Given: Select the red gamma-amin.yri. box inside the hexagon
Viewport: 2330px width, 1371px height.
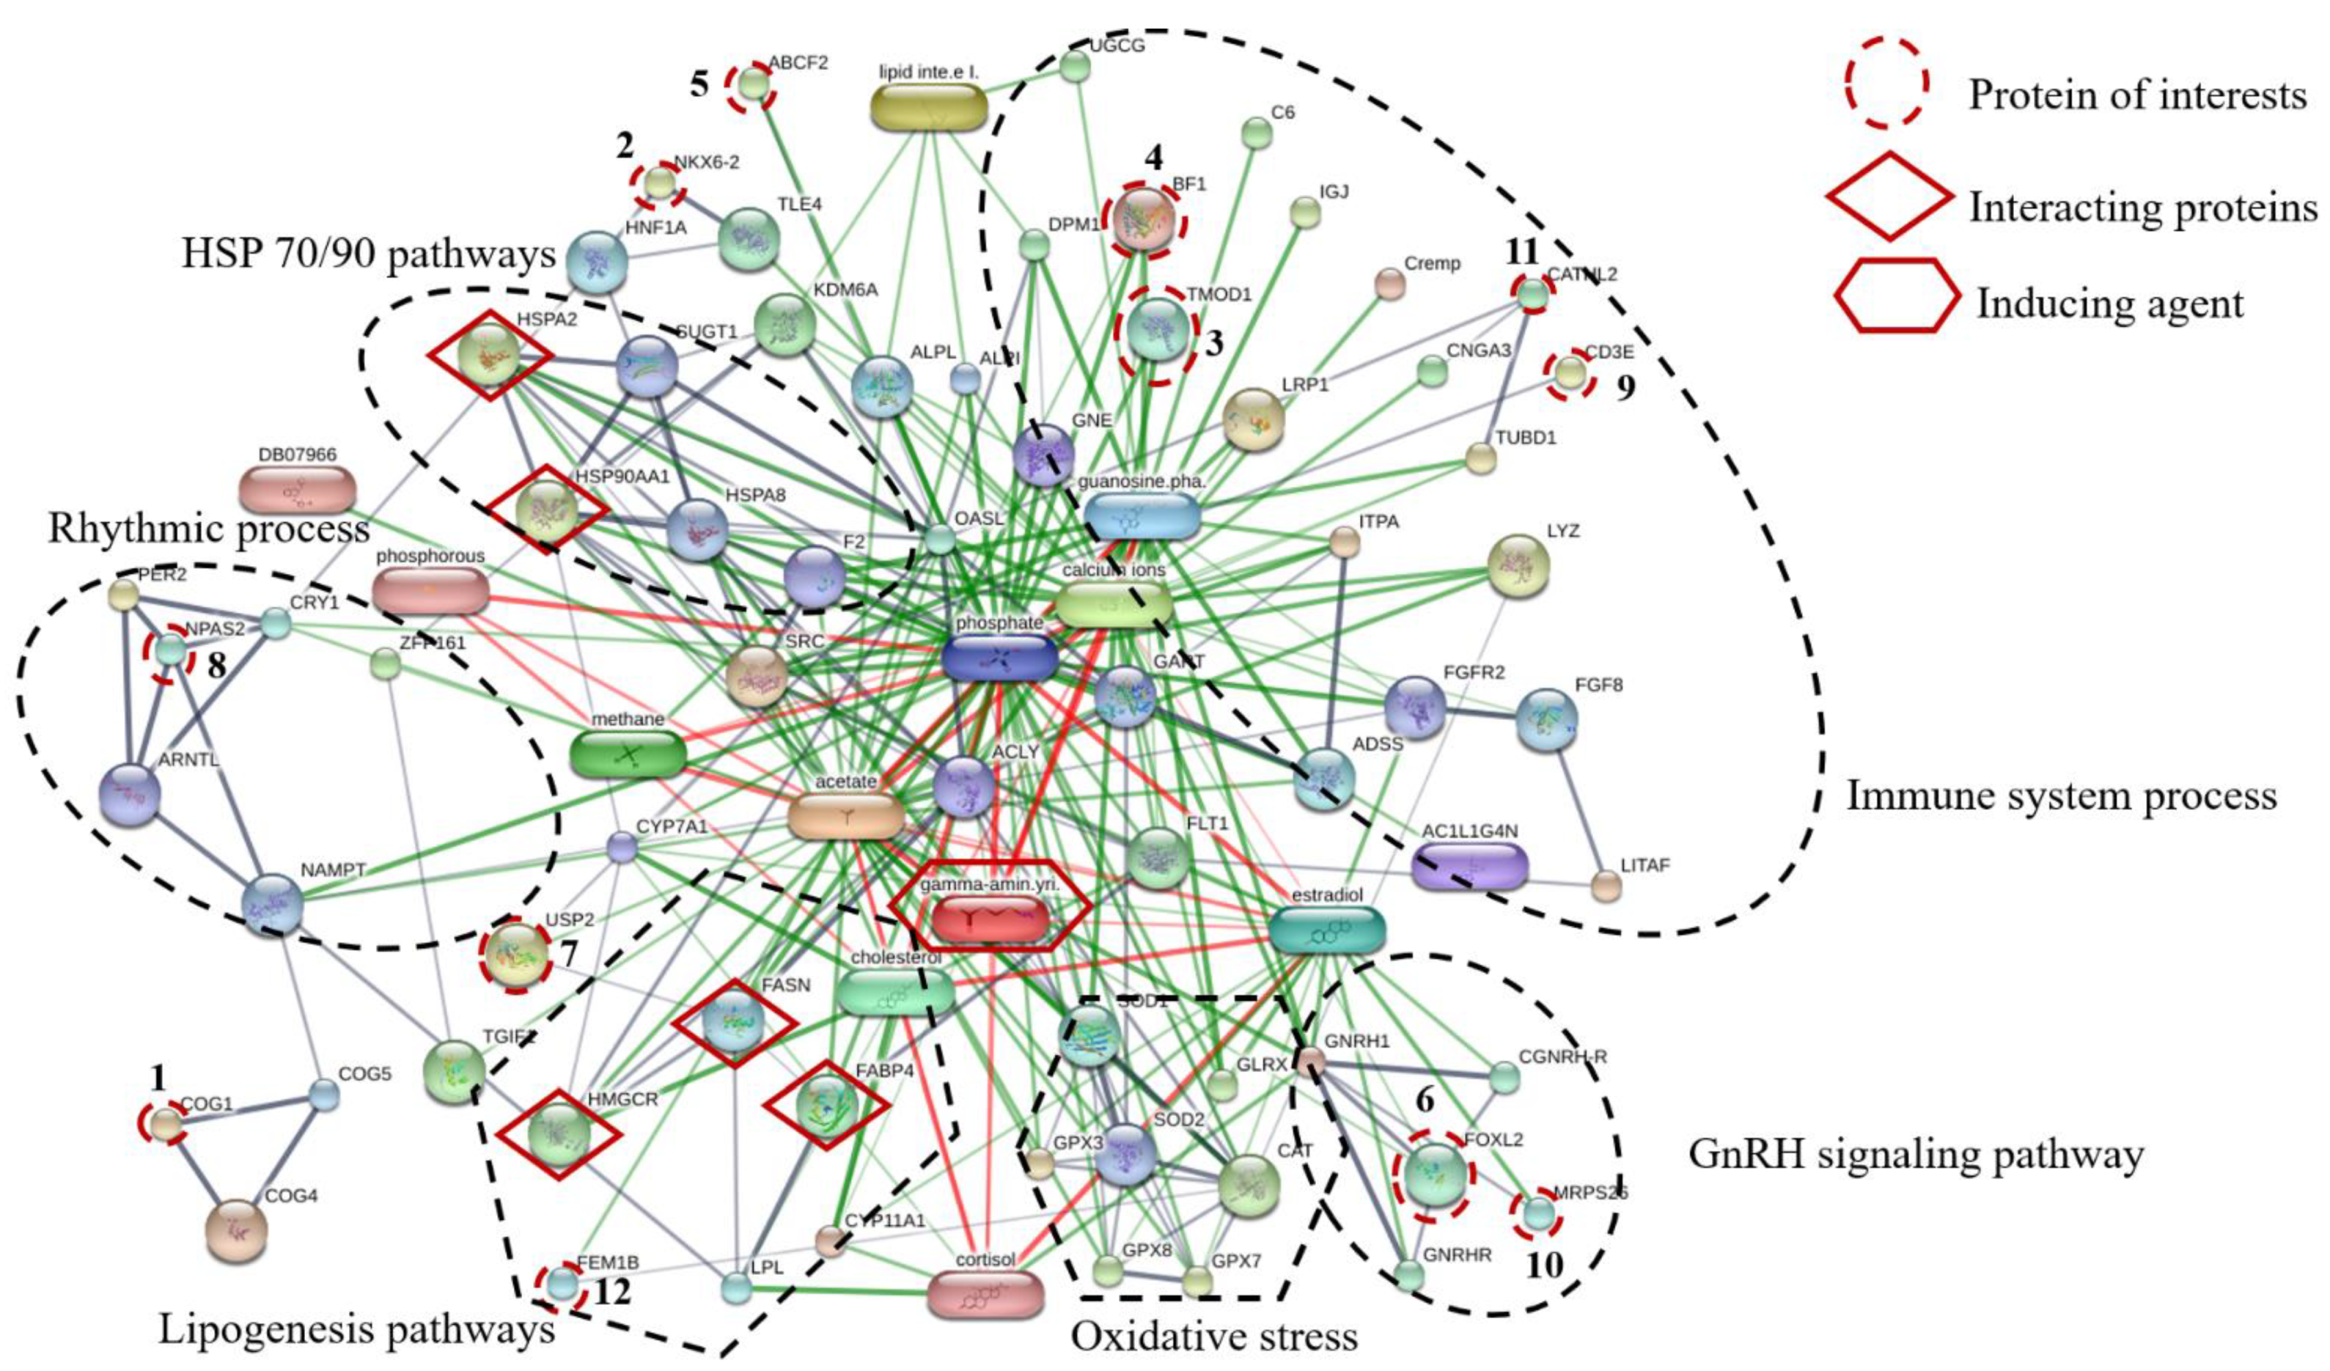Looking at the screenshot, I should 989,918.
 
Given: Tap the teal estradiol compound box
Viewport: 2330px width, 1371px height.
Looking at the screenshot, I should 1327,930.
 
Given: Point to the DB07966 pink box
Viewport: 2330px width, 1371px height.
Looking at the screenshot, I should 297,489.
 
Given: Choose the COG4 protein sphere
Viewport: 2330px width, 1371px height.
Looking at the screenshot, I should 236,1230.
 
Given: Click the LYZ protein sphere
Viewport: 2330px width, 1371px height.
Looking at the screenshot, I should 1518,566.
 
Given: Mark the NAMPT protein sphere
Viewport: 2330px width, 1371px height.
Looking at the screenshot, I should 272,903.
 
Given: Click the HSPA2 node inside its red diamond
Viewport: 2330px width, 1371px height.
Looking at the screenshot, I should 490,356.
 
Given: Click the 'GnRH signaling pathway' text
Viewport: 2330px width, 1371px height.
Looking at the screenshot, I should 1916,1154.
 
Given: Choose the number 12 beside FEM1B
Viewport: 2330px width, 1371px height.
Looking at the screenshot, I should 613,1291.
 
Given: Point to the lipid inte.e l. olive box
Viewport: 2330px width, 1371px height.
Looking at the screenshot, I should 928,106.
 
